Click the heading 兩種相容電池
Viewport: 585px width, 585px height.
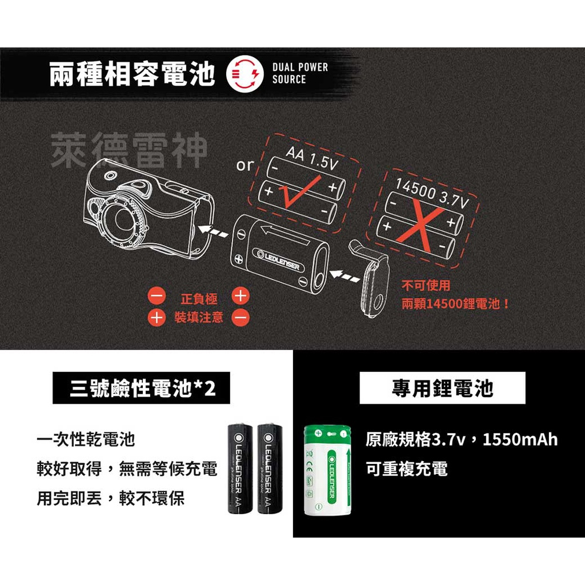pos(132,75)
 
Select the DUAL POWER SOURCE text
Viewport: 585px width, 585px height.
pos(300,74)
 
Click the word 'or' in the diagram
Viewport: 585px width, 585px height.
pos(245,166)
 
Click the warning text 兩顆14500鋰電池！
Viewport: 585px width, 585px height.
pos(455,303)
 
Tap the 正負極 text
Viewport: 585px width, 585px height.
pos(199,299)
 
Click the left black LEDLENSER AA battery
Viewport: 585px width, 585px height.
pos(241,470)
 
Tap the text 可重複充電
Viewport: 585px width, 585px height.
pos(407,470)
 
